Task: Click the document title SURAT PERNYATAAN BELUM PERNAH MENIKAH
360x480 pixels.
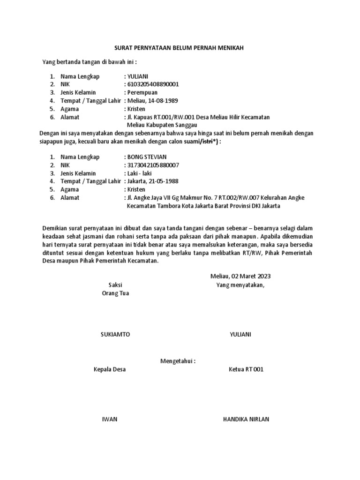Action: pos(180,48)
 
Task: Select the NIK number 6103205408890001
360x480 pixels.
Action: pos(152,84)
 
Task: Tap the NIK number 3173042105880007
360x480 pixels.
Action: pos(152,165)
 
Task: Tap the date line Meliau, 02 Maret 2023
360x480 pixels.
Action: pos(240,276)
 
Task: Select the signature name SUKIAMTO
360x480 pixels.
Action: pos(115,334)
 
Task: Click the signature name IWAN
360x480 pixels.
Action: pos(110,419)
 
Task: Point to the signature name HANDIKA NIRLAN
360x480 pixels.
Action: pos(246,419)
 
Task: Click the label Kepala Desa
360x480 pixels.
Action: pos(110,369)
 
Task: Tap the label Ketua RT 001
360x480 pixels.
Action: pos(246,369)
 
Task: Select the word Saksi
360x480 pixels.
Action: pos(115,285)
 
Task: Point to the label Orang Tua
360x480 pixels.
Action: pos(115,293)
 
